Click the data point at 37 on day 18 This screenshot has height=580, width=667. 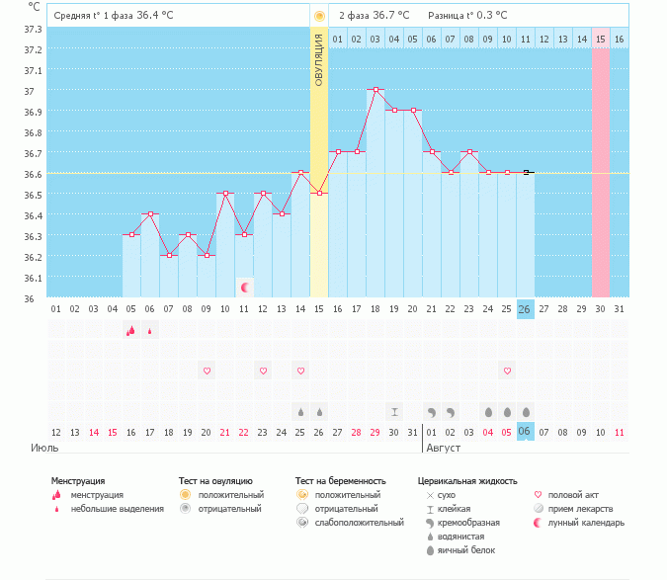[x=375, y=89]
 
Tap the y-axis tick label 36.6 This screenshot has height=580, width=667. [x=33, y=174]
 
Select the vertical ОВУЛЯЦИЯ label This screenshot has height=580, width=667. [x=319, y=59]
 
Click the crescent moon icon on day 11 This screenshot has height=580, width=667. [x=244, y=288]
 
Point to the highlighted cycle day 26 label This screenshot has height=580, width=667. [x=526, y=309]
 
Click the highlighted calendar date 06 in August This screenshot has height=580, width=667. [x=526, y=432]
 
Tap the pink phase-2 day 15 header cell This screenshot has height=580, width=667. [x=601, y=39]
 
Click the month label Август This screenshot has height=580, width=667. [x=444, y=448]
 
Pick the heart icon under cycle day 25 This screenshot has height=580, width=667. [x=507, y=371]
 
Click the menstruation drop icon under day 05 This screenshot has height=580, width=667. [x=130, y=330]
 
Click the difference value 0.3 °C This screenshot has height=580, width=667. [x=487, y=15]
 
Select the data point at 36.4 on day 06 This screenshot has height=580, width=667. [x=150, y=213]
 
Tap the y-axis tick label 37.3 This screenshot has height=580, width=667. [x=33, y=29]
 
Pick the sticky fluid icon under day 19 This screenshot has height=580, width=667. [x=394, y=411]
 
